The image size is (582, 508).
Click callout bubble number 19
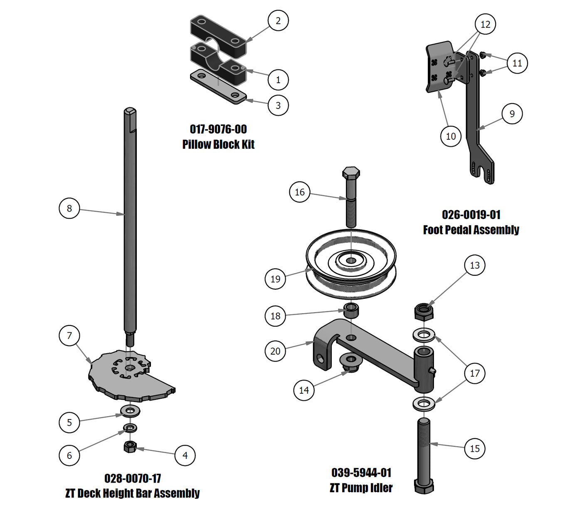(275, 279)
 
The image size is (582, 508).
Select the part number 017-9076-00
(218, 129)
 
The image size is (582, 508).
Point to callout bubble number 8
(69, 208)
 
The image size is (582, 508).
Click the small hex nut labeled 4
(130, 447)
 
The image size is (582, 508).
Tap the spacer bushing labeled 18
(351, 311)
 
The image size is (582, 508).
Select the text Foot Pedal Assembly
(471, 230)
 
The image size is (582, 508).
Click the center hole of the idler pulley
(351, 260)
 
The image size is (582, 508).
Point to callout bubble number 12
(485, 25)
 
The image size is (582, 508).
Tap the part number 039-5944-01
(361, 473)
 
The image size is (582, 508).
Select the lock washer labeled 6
(130, 428)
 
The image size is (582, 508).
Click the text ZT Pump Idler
(361, 488)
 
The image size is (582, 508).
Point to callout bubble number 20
(275, 351)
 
